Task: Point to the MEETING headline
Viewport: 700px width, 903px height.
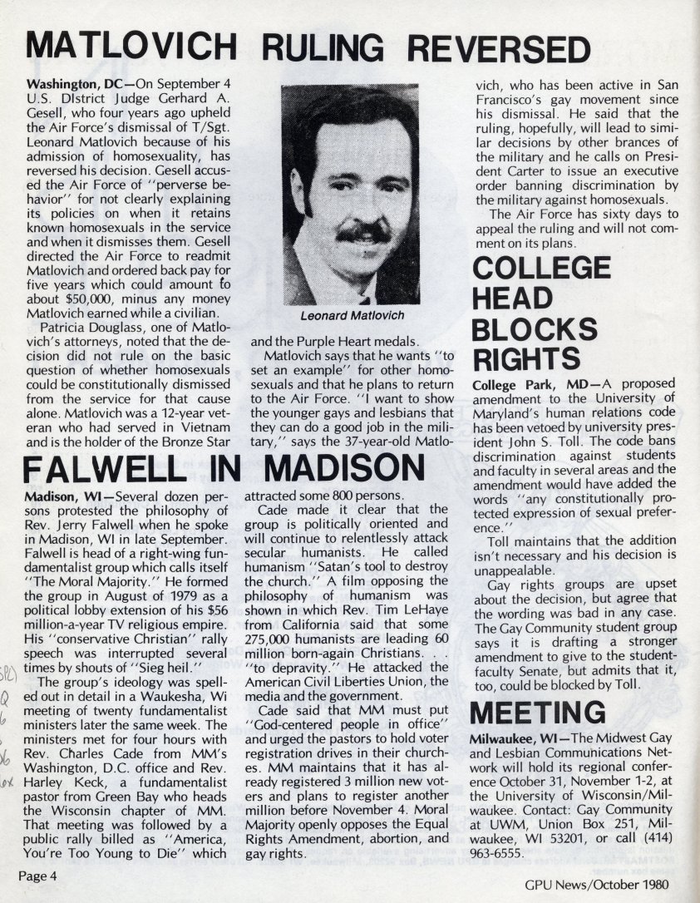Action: click(538, 713)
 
